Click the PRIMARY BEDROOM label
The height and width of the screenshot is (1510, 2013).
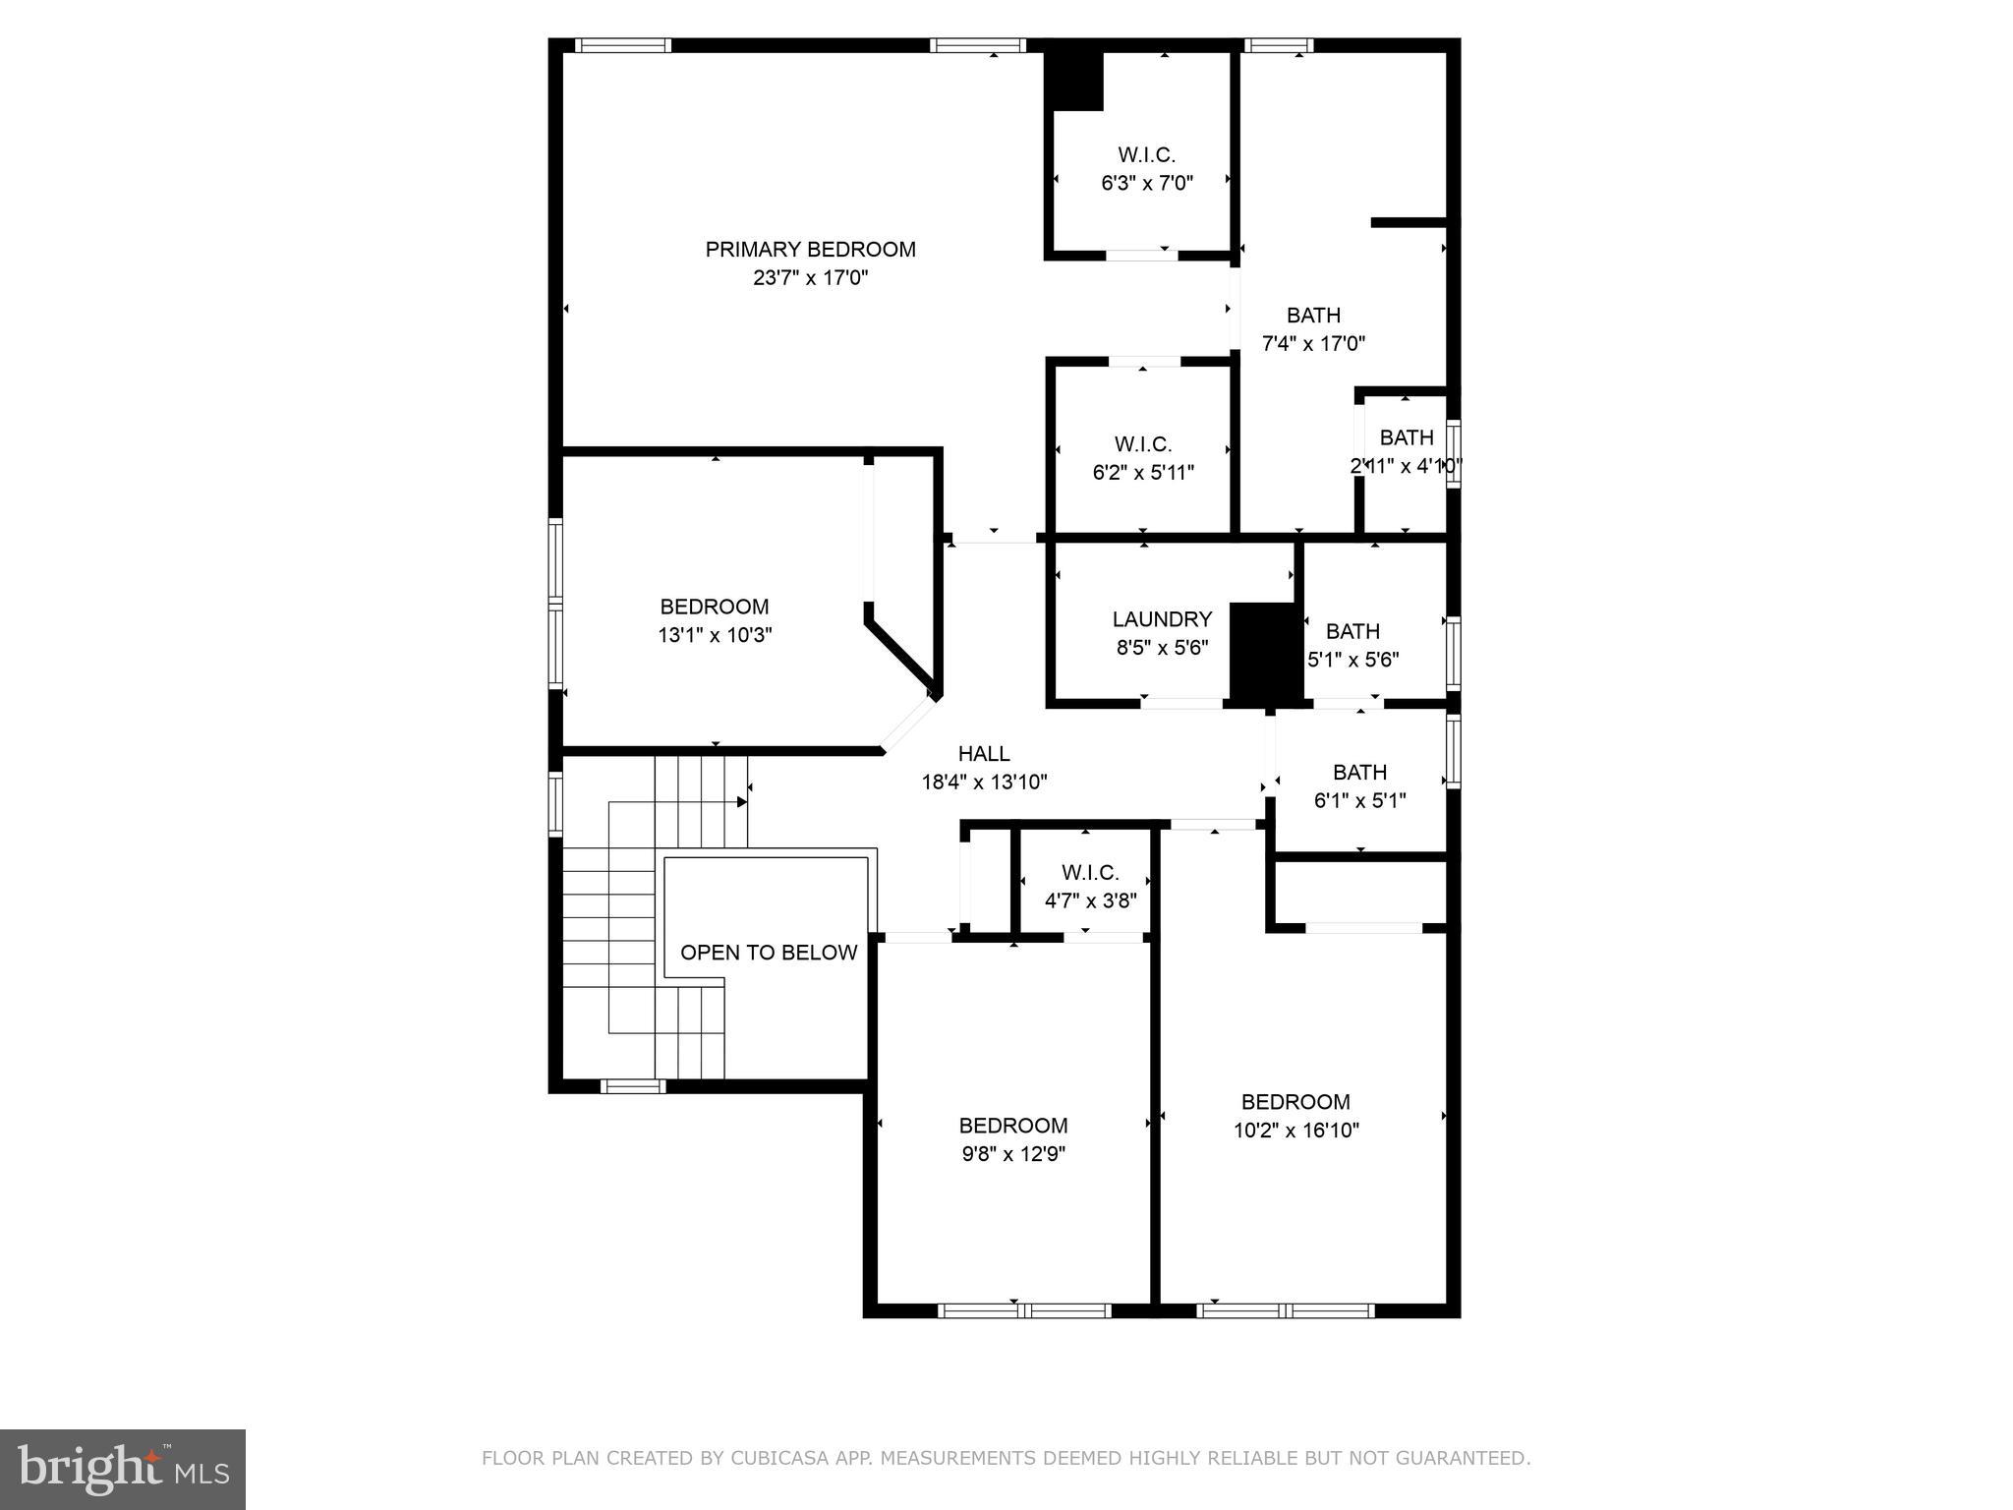[810, 250]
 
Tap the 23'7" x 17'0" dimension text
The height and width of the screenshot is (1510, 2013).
[810, 278]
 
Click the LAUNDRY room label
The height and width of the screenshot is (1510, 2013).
[1162, 619]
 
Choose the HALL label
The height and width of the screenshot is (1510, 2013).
[984, 754]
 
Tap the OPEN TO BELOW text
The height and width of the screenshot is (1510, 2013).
[769, 953]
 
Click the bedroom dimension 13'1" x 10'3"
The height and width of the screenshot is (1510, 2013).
[715, 635]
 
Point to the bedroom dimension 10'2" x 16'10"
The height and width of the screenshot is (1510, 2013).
[1295, 1131]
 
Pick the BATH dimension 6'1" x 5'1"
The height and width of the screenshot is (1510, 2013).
[1359, 801]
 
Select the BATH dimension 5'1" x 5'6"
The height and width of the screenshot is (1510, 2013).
[1352, 660]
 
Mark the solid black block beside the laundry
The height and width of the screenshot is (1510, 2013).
[1265, 654]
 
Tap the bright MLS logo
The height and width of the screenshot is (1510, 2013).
[123, 1469]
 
